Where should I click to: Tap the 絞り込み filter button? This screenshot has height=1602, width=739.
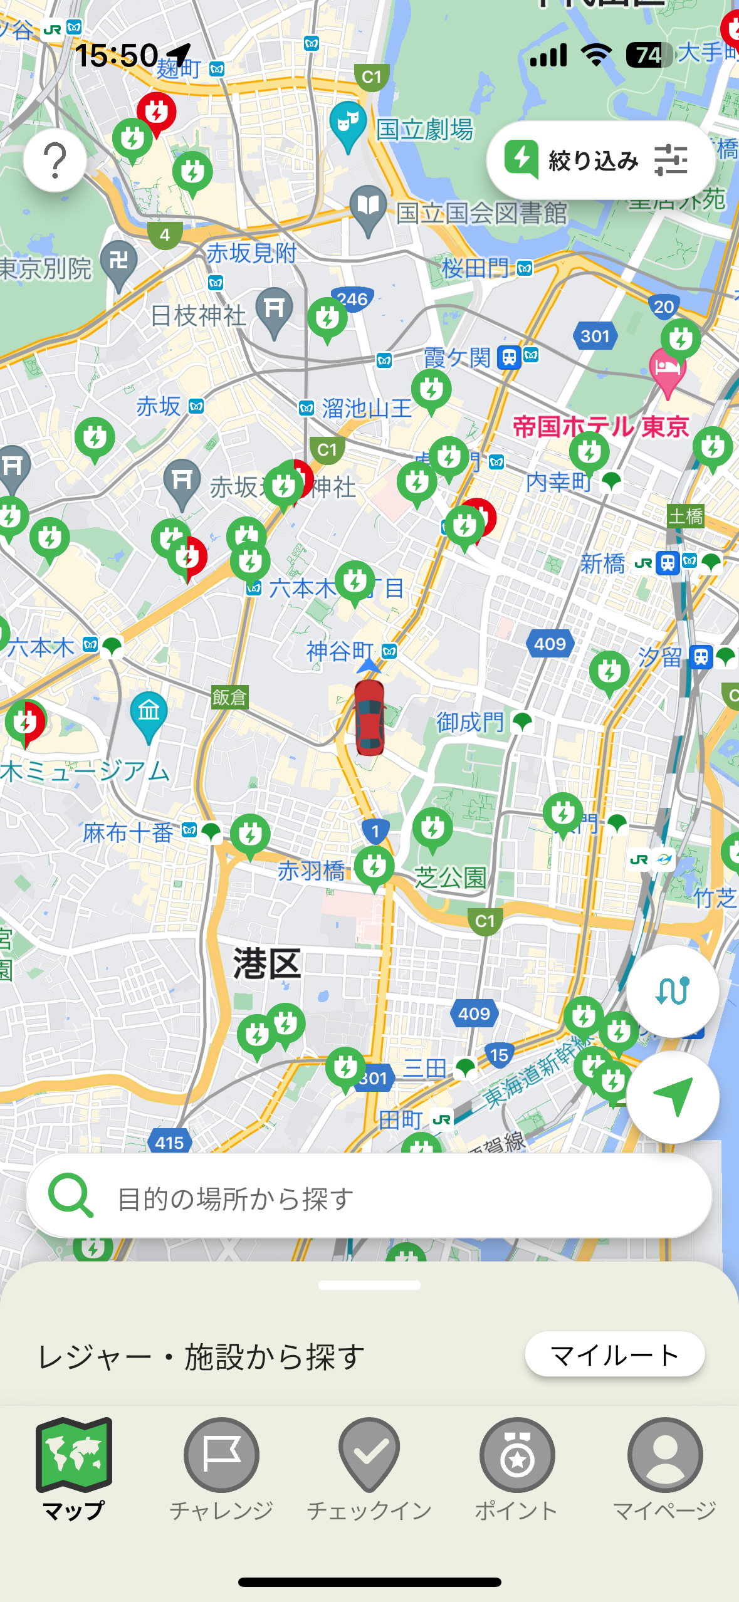coord(600,160)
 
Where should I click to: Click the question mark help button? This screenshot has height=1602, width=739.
coord(55,160)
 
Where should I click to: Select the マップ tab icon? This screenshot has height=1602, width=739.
coord(74,1455)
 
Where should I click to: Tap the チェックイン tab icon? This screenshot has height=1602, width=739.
coord(369,1455)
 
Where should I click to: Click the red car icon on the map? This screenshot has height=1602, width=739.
coord(369,718)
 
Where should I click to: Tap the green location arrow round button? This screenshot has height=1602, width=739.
coord(673,1097)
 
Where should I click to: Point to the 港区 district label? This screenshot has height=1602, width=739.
coord(267,964)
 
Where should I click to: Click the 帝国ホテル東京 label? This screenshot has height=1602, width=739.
coord(600,427)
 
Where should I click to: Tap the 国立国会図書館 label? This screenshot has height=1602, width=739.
coord(481,214)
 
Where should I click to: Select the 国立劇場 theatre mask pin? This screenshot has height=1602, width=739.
coord(348,123)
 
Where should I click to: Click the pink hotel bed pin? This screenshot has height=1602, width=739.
coord(667,369)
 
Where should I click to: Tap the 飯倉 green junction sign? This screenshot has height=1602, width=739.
coord(229,697)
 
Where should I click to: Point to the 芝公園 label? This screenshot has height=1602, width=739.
coord(450,878)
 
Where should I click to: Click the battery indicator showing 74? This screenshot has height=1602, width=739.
coord(649,55)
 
